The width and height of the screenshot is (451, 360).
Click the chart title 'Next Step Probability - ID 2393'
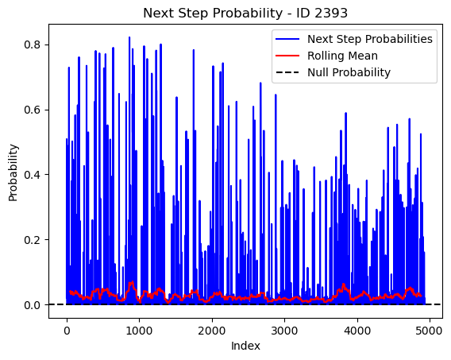pos(245,13)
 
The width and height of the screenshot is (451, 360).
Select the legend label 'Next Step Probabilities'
pos(369,39)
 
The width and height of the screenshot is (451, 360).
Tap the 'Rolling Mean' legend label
pos(342,56)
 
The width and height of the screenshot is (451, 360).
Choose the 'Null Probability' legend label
pos(349,72)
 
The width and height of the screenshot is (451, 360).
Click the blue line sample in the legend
pos(287,39)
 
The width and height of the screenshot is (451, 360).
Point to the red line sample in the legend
pos(287,56)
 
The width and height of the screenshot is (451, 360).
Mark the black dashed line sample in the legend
pos(287,72)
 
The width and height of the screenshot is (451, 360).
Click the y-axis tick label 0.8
pos(33,45)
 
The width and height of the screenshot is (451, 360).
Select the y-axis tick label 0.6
pos(33,110)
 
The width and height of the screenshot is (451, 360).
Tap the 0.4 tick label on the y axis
pos(33,175)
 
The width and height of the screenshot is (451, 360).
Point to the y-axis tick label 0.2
pos(33,240)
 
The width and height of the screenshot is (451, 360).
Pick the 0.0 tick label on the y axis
pos(33,304)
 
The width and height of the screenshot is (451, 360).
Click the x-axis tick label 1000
pos(139,331)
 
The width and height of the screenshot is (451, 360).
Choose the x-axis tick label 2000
pos(212,331)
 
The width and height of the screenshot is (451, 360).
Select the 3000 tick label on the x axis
pos(284,331)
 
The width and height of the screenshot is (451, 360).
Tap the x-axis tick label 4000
pos(357,331)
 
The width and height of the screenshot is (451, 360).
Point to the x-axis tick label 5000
pos(430,331)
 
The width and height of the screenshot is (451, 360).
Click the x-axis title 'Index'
pos(245,346)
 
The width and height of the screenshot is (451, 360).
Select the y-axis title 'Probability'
pos(13,172)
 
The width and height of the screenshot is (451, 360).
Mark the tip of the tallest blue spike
pos(129,37)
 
